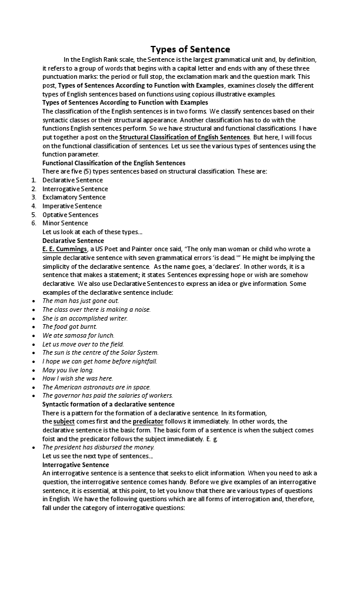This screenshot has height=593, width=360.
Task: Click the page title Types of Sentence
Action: coord(190,49)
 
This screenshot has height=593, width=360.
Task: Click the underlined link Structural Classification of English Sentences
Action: coord(184,137)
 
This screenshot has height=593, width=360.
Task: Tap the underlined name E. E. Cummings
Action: coord(65,249)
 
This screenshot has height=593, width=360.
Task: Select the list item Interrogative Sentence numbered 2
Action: coord(75,189)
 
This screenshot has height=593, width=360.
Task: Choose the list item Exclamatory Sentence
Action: coord(74,197)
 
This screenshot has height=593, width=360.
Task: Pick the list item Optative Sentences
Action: coord(70,215)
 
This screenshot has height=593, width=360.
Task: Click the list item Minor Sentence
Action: coord(65,223)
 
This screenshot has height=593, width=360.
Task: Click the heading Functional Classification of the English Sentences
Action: coord(114,163)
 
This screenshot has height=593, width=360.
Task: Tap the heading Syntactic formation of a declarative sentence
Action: coord(108,404)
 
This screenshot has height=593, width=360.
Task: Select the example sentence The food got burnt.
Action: coord(69,327)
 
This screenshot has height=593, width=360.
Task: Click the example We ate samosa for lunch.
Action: coord(78,335)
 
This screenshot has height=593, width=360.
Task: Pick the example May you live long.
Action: coord(68,370)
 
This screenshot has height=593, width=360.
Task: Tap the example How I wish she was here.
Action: coord(77,378)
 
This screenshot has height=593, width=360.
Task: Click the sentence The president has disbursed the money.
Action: coord(98,447)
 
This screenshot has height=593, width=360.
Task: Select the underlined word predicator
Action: coord(148,421)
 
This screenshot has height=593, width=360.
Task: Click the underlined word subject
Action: coord(64,421)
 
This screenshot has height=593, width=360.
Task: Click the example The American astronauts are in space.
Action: coord(96,387)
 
